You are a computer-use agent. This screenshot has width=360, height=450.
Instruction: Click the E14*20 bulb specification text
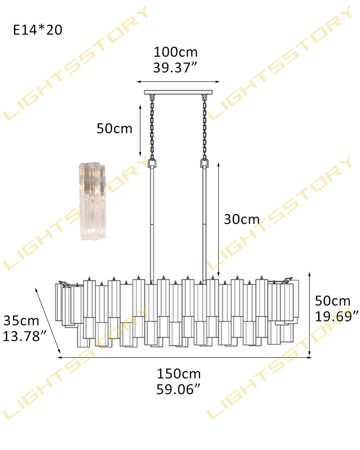click(38, 30)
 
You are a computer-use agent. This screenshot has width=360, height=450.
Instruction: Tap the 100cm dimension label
click(175, 52)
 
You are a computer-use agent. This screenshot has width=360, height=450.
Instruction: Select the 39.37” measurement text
click(175, 68)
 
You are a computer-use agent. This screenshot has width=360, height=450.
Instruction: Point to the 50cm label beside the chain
click(114, 129)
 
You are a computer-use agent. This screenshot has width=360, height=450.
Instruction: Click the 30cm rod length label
click(242, 220)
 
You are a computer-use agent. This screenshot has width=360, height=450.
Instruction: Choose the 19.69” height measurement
click(337, 316)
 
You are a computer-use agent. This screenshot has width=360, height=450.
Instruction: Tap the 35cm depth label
click(21, 321)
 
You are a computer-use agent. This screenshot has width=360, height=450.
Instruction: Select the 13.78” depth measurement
click(24, 336)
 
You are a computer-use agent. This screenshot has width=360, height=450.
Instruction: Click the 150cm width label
click(179, 374)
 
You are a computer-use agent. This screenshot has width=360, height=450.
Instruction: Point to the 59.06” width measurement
click(178, 389)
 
